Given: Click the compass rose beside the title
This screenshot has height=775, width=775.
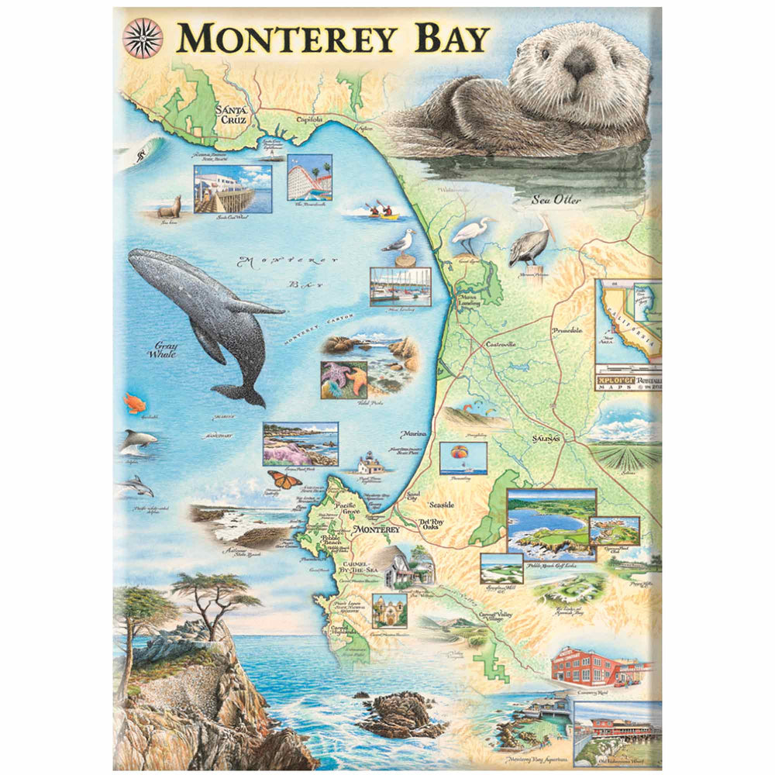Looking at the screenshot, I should click(x=143, y=37).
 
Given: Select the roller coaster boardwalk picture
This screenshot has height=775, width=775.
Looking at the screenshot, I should click(x=309, y=177).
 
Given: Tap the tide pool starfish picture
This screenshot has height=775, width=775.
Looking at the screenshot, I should click(x=344, y=379).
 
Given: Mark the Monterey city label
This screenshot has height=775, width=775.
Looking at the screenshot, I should click(x=374, y=529).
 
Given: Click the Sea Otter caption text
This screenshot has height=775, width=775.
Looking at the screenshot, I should click(x=555, y=200).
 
